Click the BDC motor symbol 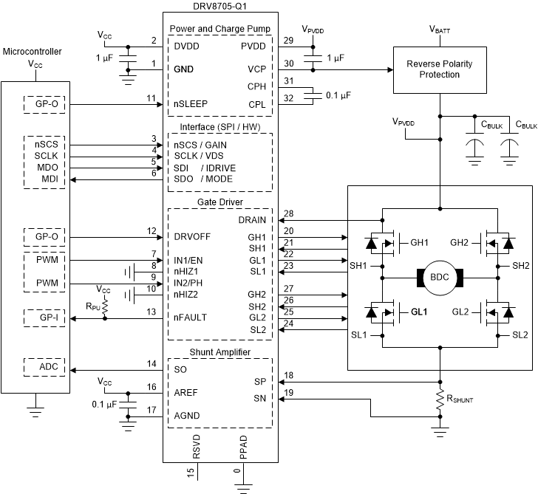(x=440, y=277)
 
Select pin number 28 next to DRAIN (x=289, y=213)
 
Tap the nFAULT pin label (x=191, y=318)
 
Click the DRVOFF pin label (x=194, y=238)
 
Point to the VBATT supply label (x=441, y=30)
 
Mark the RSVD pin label (x=197, y=450)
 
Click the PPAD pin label (x=242, y=450)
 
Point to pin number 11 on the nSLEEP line (x=151, y=98)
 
